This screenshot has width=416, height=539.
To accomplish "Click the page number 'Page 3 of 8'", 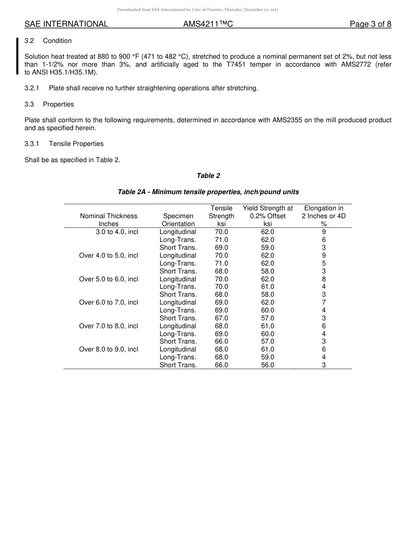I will point(370,24).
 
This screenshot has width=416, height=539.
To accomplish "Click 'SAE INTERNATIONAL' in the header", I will point(66,24).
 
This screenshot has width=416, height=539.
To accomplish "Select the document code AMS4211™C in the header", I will point(208,24).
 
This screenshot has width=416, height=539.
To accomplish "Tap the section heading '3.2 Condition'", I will point(48,41).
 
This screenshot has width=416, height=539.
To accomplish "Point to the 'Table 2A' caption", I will point(208,192).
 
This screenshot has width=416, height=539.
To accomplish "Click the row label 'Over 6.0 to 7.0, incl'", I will point(109,302).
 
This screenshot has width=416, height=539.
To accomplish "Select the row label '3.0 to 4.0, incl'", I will point(117,232).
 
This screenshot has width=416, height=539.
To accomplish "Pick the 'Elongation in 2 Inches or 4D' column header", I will point(324,216).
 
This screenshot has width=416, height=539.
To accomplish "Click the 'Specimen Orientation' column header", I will point(178,220).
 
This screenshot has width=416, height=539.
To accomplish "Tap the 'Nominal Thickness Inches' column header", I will point(109,220).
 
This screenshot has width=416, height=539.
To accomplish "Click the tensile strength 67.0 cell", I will point(222,318).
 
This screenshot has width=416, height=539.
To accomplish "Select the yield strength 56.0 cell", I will point(268,365).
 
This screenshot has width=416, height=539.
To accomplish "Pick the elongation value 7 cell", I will point(324,302).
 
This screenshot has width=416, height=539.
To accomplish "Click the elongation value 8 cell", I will point(324,279).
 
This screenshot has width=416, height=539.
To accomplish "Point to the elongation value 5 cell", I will point(324,263).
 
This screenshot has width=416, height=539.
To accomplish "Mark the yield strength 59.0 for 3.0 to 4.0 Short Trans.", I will point(268,248).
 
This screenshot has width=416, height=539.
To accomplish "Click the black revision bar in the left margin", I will point(18,56).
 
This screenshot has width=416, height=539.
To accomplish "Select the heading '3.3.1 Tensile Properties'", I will point(64,144).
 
